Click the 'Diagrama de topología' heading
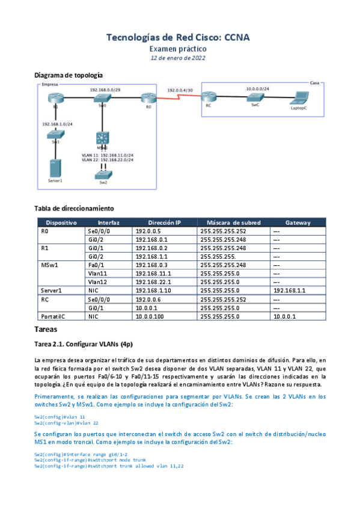[69, 75]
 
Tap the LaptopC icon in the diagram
[298, 98]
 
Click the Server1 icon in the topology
[56, 167]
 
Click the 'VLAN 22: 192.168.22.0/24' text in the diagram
[108, 159]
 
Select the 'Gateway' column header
[298, 223]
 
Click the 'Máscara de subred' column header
[233, 223]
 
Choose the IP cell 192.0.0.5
[148, 230]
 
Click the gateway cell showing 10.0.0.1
[284, 316]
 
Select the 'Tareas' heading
[46, 330]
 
